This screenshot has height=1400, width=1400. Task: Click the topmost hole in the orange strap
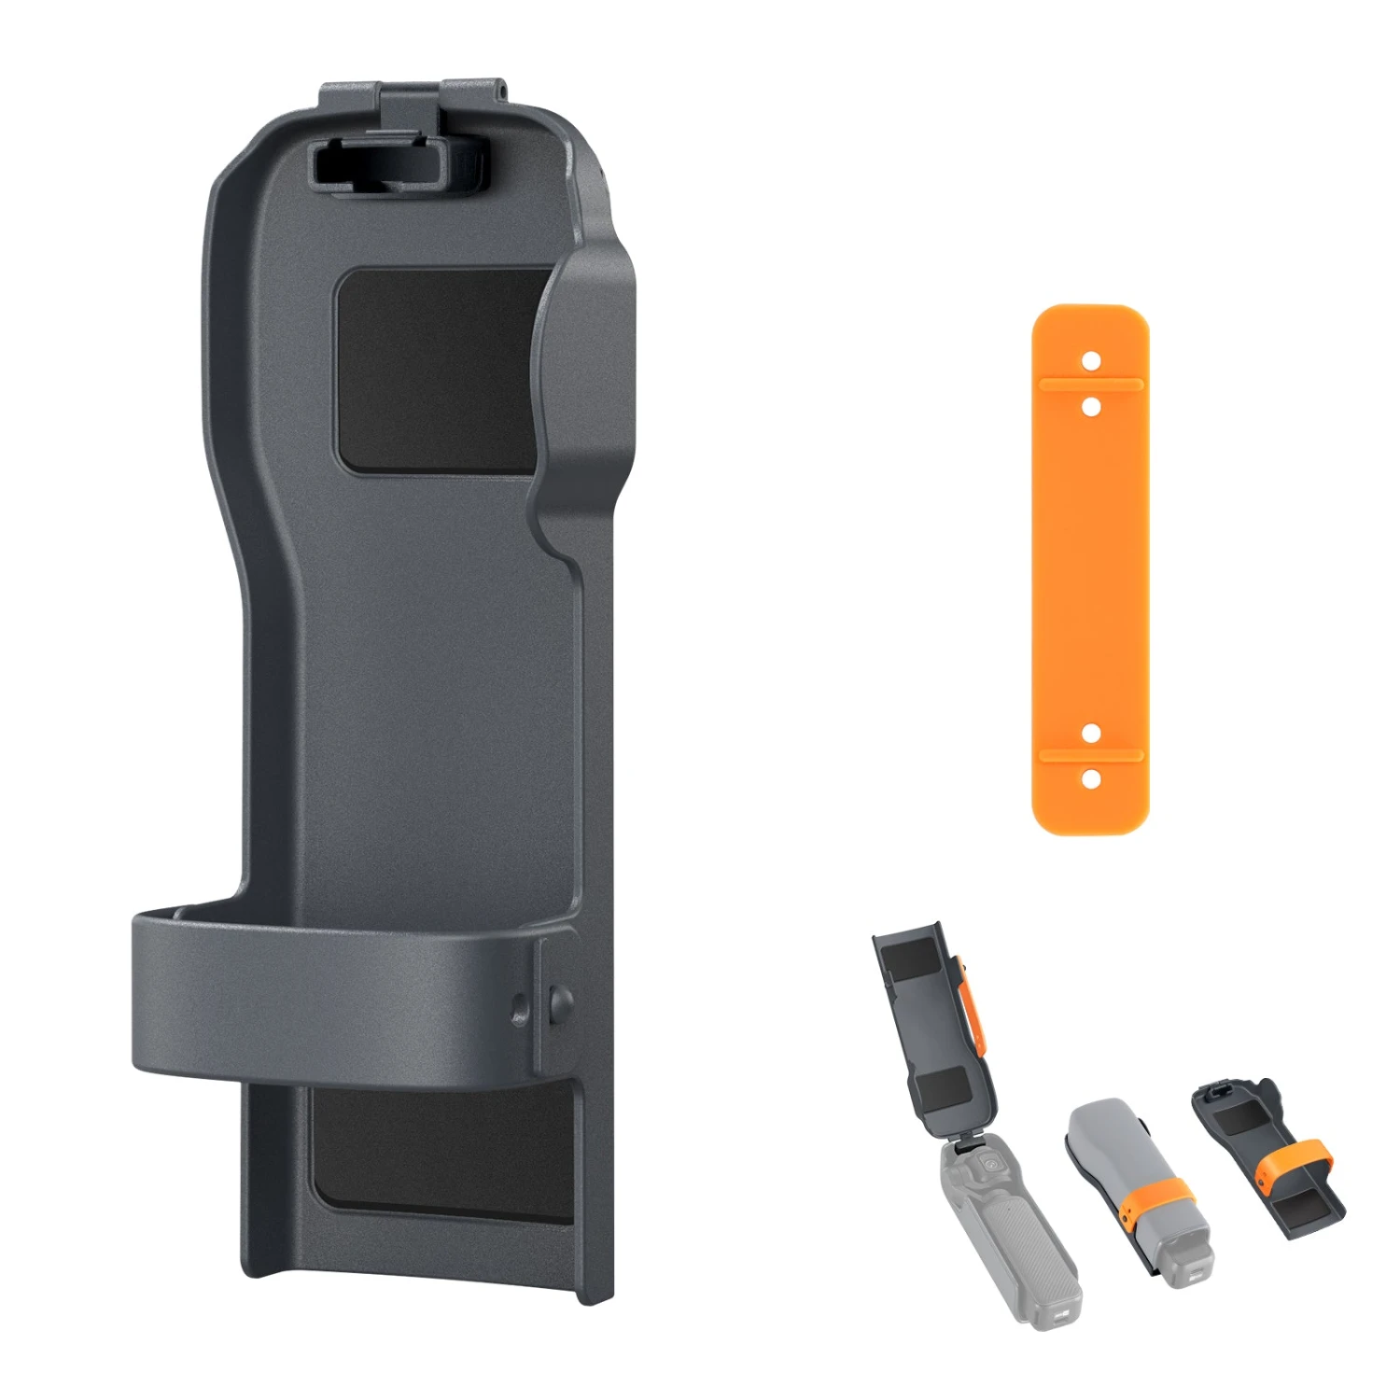1091,360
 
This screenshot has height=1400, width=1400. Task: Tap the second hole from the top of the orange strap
1091,407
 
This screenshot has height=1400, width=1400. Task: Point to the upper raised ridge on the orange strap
1091,383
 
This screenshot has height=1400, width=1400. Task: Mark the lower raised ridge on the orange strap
1091,755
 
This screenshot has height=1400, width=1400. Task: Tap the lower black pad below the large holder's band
439,1153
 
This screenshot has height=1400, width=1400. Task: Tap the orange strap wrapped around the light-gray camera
1157,1199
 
